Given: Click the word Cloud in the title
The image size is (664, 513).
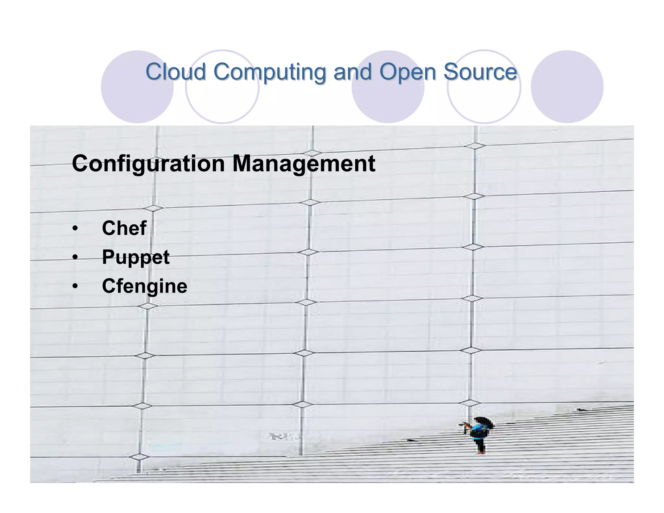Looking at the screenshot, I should (x=175, y=72).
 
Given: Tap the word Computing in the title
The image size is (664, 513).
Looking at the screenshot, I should (x=269, y=72).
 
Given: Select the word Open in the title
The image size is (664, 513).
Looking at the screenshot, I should (x=408, y=72).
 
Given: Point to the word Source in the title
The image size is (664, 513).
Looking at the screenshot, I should (x=480, y=72).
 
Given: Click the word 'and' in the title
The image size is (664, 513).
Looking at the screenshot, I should (x=352, y=72).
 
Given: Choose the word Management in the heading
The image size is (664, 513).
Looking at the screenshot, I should (x=304, y=164).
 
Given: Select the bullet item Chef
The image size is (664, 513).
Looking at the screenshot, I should (x=124, y=228).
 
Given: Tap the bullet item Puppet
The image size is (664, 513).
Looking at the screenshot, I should (x=136, y=257).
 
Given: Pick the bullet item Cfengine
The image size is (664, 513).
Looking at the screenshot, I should (x=145, y=286).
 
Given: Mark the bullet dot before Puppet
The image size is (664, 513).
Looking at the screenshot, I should (x=75, y=257).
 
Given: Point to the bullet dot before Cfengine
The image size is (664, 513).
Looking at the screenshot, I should (x=75, y=286).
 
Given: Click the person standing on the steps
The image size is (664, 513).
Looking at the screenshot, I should (x=478, y=435).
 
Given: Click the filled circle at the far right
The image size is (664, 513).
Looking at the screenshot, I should (x=567, y=87).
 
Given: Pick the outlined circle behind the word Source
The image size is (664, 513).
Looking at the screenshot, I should (x=484, y=97).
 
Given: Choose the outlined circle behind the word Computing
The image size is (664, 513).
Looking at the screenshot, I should (x=222, y=97).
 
